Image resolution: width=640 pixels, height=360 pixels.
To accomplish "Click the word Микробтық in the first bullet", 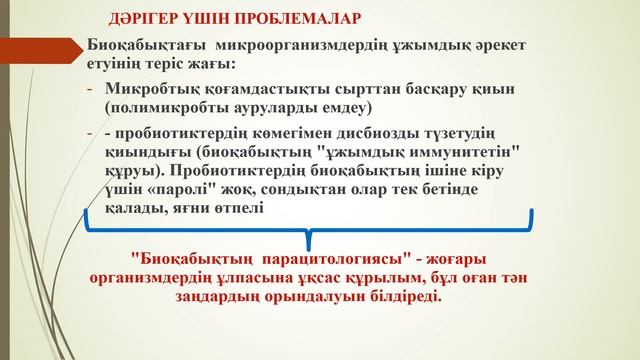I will [150, 88].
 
